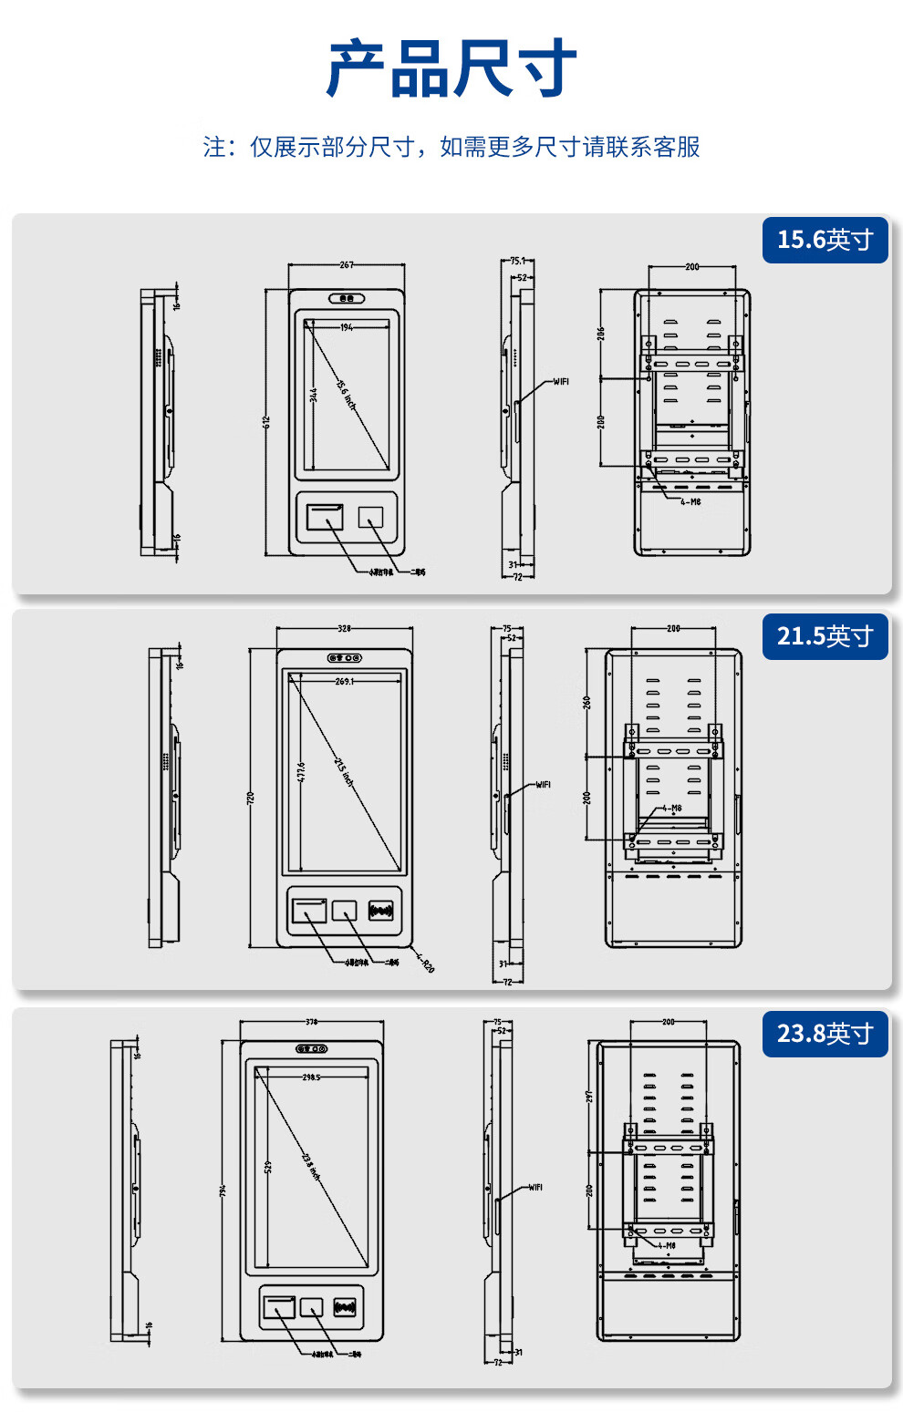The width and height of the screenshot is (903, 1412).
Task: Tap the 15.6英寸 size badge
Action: coord(825,240)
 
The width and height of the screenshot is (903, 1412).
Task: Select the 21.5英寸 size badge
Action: coord(825,636)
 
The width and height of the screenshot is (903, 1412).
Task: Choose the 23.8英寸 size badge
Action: coord(825,1034)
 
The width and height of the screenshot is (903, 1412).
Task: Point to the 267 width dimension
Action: coord(347,265)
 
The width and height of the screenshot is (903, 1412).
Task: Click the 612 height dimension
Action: coord(266,422)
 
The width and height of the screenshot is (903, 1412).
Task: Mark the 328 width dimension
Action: coord(344,629)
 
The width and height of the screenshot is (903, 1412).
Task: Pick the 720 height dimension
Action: coord(251,798)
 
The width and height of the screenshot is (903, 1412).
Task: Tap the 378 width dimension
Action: coord(311,1022)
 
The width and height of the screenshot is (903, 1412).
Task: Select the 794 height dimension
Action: coord(223,1190)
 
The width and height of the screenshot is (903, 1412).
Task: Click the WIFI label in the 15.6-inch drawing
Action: coord(561,382)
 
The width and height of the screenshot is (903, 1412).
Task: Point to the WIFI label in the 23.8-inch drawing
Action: coord(535,1188)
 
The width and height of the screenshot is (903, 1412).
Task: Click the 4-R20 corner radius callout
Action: coord(425,963)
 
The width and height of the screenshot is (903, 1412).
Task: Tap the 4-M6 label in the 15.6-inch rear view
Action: coord(690,502)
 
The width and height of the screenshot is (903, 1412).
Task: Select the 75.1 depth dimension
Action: coord(517,262)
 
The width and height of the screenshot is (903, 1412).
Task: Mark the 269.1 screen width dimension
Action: coord(344,682)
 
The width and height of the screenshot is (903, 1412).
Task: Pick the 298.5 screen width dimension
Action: coord(311,1077)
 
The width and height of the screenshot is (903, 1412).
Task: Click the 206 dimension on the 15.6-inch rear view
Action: coord(601,334)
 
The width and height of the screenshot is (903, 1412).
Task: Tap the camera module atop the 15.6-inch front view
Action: coord(347,298)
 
